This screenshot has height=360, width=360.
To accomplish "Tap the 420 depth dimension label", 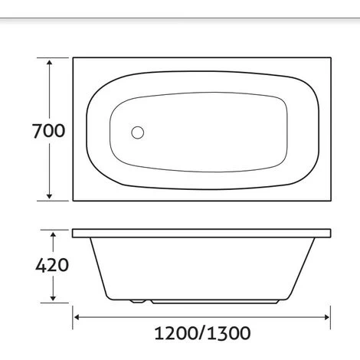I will [x=51, y=266].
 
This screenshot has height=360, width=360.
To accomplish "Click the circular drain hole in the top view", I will [x=138, y=133].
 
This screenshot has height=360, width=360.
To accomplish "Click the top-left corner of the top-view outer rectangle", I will [x=74, y=56].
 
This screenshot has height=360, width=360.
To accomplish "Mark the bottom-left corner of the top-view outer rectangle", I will [x=74, y=201].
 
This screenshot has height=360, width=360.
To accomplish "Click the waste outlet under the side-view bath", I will [x=136, y=301].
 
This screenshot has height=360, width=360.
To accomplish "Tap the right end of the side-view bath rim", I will [x=331, y=231].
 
